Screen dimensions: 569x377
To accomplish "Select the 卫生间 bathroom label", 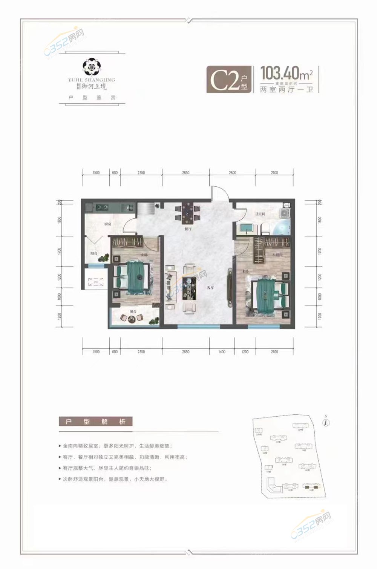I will (x=260, y=214).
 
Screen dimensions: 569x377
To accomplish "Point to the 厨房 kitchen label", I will (x=108, y=224).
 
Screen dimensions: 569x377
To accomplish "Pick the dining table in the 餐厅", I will (x=187, y=213).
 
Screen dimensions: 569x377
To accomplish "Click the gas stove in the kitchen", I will (x=102, y=207).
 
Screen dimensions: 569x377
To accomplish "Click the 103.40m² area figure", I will (x=287, y=72).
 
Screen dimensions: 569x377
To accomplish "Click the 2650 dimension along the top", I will (x=185, y=173).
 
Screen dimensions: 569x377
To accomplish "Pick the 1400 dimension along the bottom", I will (x=222, y=352).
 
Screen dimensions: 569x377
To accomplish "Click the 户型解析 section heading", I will (x=95, y=422).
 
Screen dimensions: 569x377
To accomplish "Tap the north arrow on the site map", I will (x=327, y=422).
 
